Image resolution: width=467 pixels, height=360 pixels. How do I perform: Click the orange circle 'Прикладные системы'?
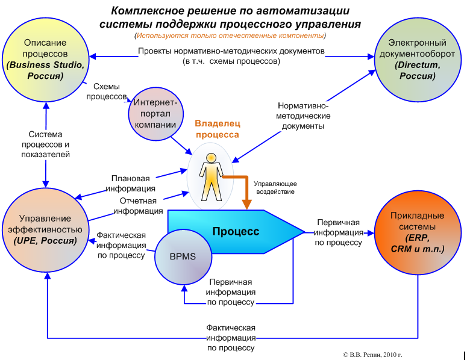click(x=417, y=232)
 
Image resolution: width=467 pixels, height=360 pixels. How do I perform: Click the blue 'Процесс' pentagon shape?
click(x=235, y=231)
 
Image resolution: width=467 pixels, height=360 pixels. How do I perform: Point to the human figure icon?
click(x=210, y=178)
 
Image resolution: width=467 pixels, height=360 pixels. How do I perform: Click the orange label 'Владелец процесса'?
click(x=216, y=129)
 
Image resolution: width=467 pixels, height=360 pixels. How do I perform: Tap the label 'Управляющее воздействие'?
click(x=274, y=187)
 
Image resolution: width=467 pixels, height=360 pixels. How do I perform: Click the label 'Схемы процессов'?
click(x=105, y=92)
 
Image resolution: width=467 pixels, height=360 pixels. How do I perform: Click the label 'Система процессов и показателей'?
click(x=49, y=144)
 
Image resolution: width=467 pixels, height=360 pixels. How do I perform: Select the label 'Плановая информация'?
click(x=130, y=182)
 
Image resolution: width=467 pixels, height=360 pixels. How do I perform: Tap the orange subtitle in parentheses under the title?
click(x=230, y=36)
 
